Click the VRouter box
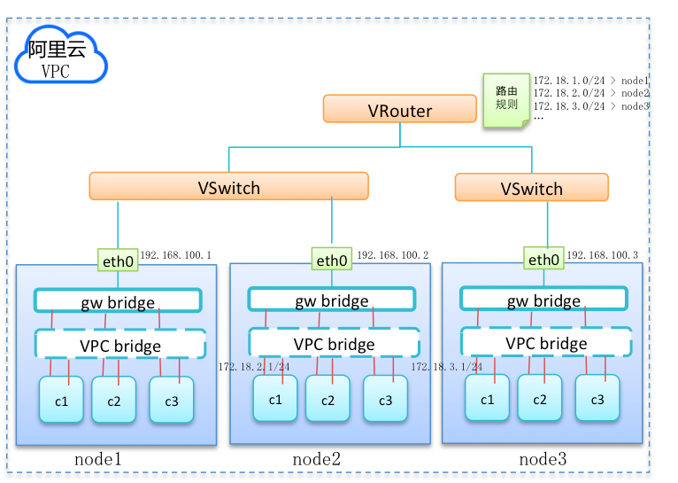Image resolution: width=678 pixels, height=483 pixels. click(x=400, y=110)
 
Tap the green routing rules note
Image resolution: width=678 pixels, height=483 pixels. click(x=506, y=99)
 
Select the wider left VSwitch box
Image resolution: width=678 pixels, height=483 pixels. click(x=228, y=186)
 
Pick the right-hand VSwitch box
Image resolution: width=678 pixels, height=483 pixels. click(x=532, y=188)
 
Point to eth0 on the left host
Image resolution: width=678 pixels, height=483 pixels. click(x=118, y=261)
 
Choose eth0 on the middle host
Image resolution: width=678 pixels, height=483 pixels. click(x=333, y=261)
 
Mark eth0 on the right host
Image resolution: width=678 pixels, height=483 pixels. click(x=544, y=260)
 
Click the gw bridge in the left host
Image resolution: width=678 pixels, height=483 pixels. click(x=118, y=301)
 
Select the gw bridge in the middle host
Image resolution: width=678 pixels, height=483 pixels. click(x=333, y=300)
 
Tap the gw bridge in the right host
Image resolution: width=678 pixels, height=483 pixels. click(x=544, y=300)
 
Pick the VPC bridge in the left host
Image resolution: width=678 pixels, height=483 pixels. click(x=120, y=344)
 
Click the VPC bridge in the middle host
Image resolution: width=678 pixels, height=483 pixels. click(x=335, y=343)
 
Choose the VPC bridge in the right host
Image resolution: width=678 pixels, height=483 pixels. click(x=546, y=342)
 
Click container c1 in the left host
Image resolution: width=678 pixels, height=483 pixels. click(x=61, y=400)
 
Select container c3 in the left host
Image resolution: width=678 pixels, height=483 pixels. click(x=172, y=400)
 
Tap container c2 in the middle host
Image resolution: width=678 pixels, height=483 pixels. click(x=328, y=399)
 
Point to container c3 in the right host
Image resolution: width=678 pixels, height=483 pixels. click(x=597, y=398)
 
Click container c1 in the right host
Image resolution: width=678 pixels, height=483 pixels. click(x=487, y=398)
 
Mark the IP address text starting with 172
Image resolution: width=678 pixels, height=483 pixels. click(x=447, y=366)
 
